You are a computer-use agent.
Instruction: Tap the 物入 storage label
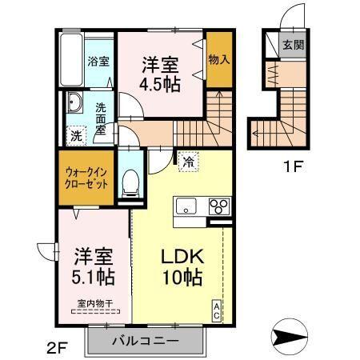coord(218,60)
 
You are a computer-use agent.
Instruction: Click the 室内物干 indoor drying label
coord(93,303)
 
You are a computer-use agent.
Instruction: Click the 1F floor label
coord(290,170)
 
